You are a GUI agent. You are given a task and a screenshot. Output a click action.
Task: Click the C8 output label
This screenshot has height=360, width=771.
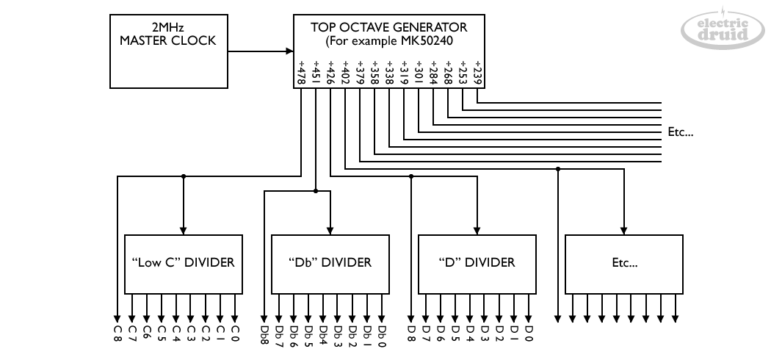[x=117, y=334]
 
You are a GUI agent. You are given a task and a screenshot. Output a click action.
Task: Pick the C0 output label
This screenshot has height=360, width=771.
[x=235, y=334]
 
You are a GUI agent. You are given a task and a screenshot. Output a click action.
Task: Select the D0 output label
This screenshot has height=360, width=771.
[x=529, y=334]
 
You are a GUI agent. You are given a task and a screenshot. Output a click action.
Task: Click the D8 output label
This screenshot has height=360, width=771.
[x=411, y=334]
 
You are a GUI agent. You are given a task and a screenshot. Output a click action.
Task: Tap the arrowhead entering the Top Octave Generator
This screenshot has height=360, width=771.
[x=289, y=51]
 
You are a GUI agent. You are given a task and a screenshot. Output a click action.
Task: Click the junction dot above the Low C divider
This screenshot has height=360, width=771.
[x=184, y=176]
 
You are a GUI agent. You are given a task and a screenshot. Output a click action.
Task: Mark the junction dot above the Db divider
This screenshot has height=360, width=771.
[x=316, y=191]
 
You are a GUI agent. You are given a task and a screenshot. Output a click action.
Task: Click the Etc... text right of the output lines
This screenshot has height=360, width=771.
[x=681, y=133]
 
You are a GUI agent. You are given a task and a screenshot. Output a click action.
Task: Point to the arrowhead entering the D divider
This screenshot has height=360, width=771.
[x=477, y=230]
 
